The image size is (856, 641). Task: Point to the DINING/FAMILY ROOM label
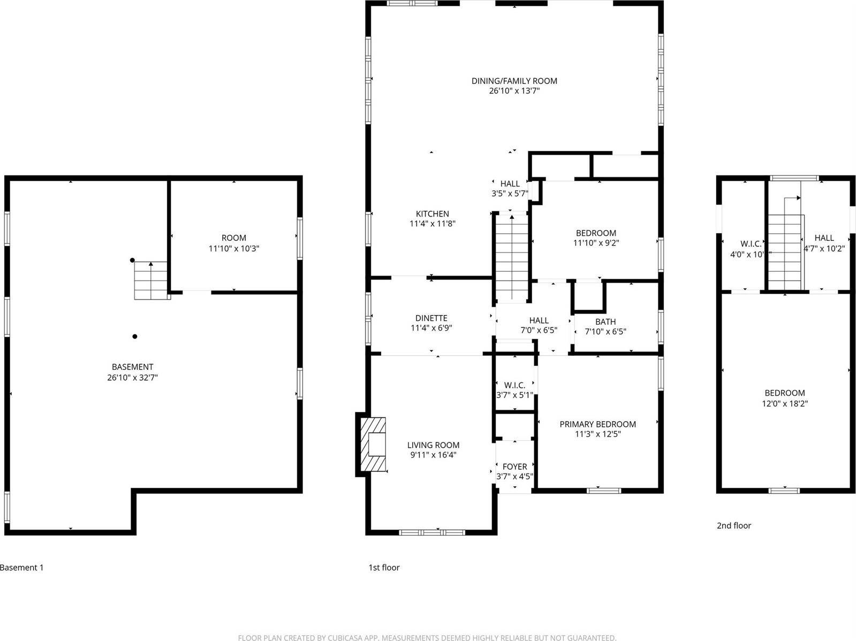(x=514, y=81)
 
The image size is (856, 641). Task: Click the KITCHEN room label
(x=432, y=213)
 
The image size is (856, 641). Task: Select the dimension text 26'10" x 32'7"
(x=132, y=377)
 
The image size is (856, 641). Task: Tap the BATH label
(x=605, y=322)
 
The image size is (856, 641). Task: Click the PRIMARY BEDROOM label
(x=597, y=424)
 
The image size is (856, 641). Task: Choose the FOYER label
(x=514, y=467)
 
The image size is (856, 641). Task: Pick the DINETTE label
(x=431, y=318)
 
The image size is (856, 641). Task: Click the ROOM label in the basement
(x=234, y=238)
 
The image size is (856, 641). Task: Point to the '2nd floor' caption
(x=733, y=525)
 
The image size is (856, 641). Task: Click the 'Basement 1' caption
(x=21, y=567)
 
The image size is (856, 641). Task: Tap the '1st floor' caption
(x=384, y=567)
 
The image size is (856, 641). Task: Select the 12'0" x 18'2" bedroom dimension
(x=784, y=403)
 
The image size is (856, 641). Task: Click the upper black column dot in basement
(x=132, y=260)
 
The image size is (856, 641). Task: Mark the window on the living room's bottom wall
(x=433, y=532)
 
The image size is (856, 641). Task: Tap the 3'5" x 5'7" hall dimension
(x=510, y=194)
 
